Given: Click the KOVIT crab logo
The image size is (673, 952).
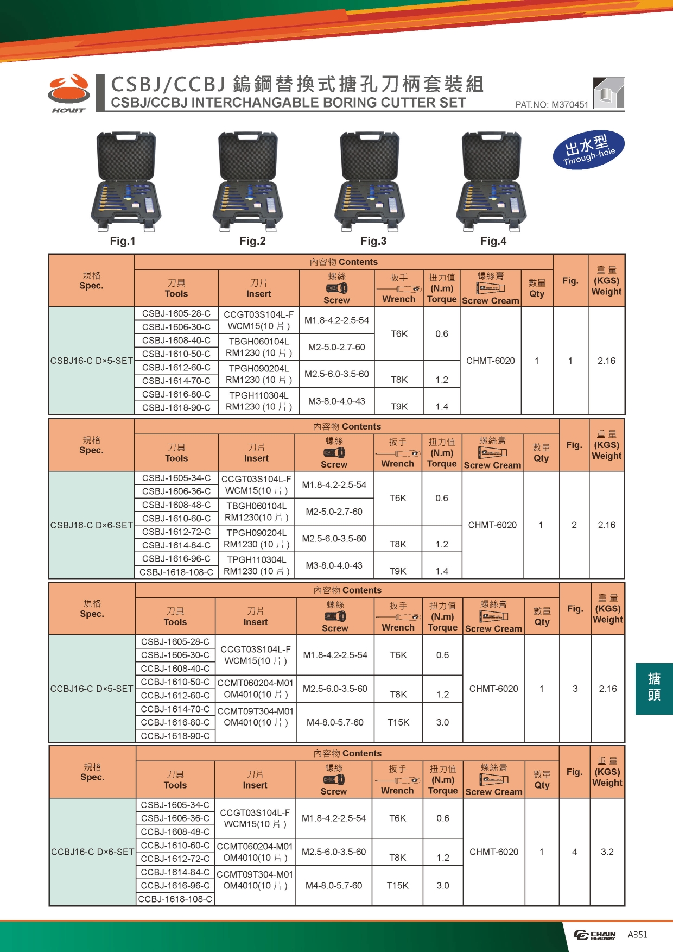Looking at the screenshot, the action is coord(69,93).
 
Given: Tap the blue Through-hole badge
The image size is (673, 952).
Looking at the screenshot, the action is coord(589,149).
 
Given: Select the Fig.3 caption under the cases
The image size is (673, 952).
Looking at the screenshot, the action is coord(373,241).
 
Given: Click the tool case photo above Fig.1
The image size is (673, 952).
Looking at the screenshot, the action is coord(125,182).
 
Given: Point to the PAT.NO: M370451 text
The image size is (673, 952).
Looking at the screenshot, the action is coord(551,104).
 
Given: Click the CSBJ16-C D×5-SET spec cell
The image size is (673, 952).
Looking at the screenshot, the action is coord(92,361).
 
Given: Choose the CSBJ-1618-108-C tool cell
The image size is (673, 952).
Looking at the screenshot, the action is coord(176,572).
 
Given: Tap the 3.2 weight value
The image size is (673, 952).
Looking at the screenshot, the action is coord(607,852).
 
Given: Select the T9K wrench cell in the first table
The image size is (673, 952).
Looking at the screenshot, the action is coord(399,406).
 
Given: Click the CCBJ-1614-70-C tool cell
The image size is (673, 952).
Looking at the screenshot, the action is coord(175,709).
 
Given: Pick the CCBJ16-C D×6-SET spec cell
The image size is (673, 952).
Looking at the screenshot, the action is coord(92,852).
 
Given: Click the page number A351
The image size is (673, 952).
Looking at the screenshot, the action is coord(638,935).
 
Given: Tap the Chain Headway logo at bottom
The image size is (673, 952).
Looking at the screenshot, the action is coord(595,935).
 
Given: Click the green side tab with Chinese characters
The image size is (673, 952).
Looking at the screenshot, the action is coord(654,688).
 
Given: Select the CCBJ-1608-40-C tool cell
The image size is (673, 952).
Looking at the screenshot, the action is coord(175,669).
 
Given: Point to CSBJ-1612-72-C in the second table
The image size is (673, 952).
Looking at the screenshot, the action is coord(176,532).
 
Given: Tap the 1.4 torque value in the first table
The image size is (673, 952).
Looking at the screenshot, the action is coord(442,406).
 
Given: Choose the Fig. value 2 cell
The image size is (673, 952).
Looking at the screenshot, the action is coord(574,525).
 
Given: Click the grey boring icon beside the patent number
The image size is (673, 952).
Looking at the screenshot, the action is coord(609,93).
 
